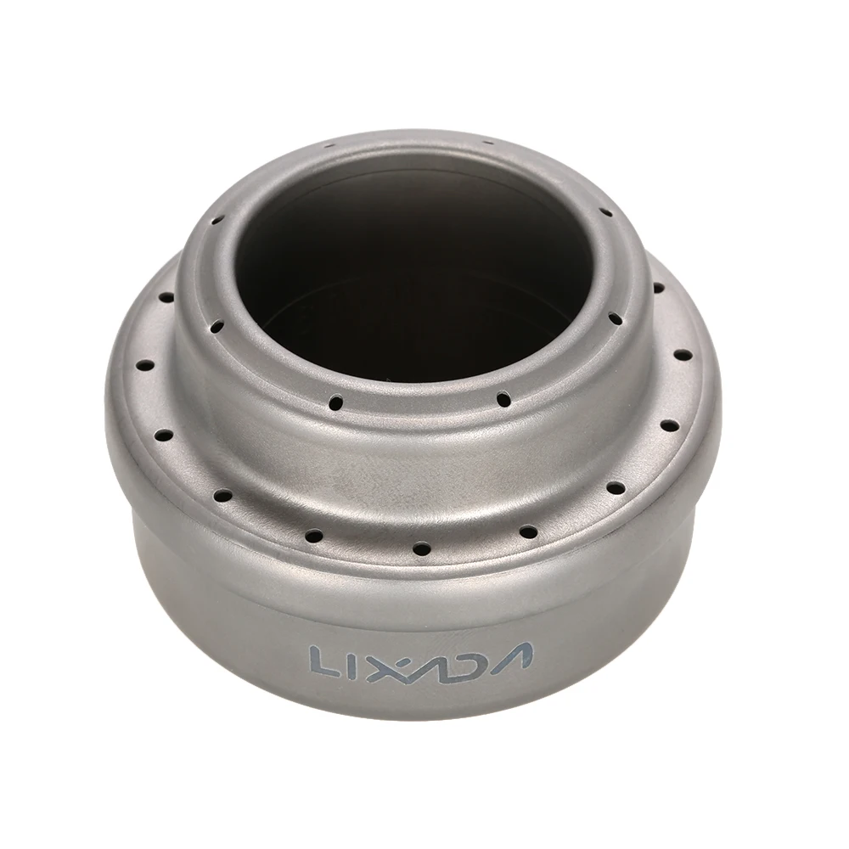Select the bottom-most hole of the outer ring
[421, 548]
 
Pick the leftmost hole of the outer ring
[145, 365]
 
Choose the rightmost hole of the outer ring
[683, 355]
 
